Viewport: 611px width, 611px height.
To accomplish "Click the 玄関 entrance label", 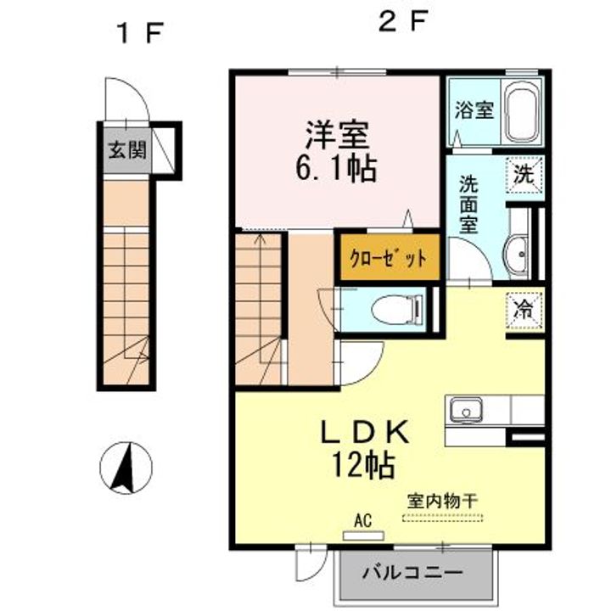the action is click(x=127, y=149).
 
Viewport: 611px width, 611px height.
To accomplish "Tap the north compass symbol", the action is click(x=126, y=468).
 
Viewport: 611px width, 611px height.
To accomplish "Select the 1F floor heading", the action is click(x=140, y=33).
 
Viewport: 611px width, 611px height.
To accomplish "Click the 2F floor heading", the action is click(x=404, y=20).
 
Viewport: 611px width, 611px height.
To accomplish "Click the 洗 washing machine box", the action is click(x=524, y=175).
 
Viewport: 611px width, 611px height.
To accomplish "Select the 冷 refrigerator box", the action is click(x=524, y=311).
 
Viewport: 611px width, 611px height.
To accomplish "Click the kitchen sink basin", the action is click(x=466, y=412).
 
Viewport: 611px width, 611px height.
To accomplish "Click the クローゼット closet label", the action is click(x=388, y=258).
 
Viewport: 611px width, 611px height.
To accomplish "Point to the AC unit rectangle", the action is click(x=363, y=535).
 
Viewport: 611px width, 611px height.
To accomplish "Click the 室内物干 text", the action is click(x=443, y=502).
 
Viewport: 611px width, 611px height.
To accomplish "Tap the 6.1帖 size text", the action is click(x=336, y=169).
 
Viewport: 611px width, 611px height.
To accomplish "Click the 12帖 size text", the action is click(x=363, y=464).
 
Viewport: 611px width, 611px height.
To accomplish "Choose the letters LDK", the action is click(x=365, y=432).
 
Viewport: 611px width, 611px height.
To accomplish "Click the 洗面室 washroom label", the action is click(x=468, y=205).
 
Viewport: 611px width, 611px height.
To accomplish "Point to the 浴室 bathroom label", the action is click(x=474, y=109).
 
